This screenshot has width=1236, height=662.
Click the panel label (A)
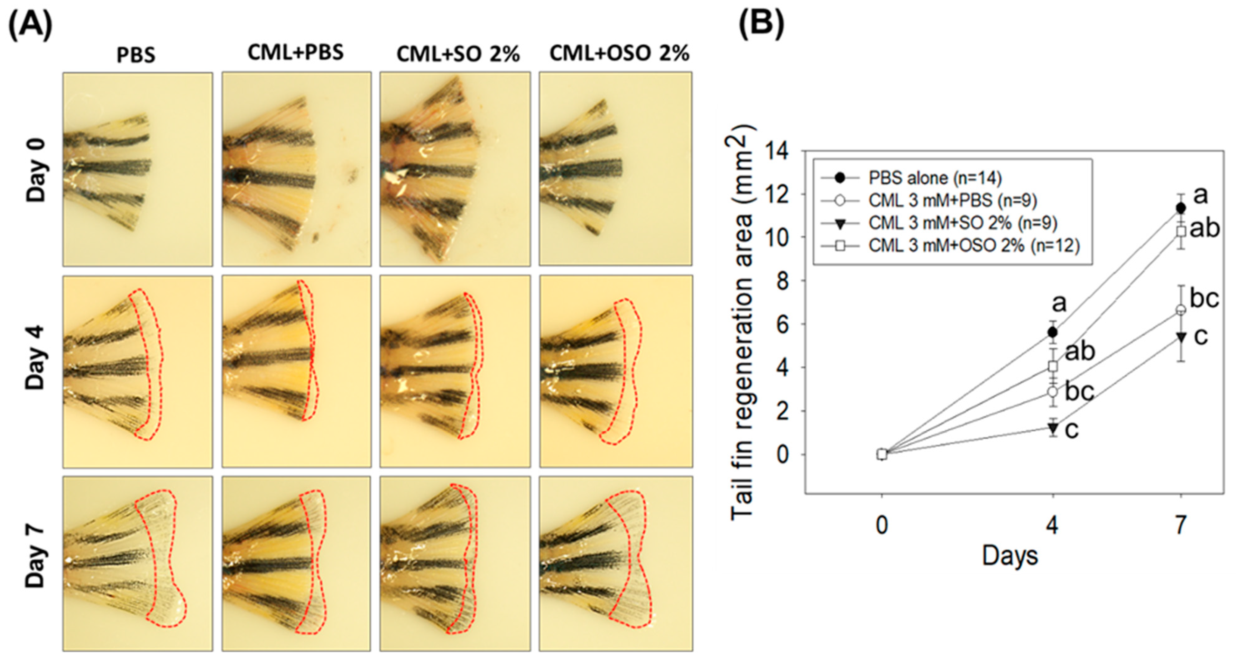tap(30, 25)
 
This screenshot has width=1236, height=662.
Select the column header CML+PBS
tap(296, 52)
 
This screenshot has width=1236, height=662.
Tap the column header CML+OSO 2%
tap(619, 53)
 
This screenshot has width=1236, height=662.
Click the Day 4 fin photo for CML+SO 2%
tap(455, 371)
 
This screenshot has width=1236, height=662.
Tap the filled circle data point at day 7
tap(1181, 208)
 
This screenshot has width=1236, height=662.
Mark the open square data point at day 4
tap(1053, 366)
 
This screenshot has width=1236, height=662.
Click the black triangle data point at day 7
tap(1181, 337)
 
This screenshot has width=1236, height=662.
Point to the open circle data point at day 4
tap(1053, 391)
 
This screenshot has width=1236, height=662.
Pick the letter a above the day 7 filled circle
tap(1200, 196)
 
